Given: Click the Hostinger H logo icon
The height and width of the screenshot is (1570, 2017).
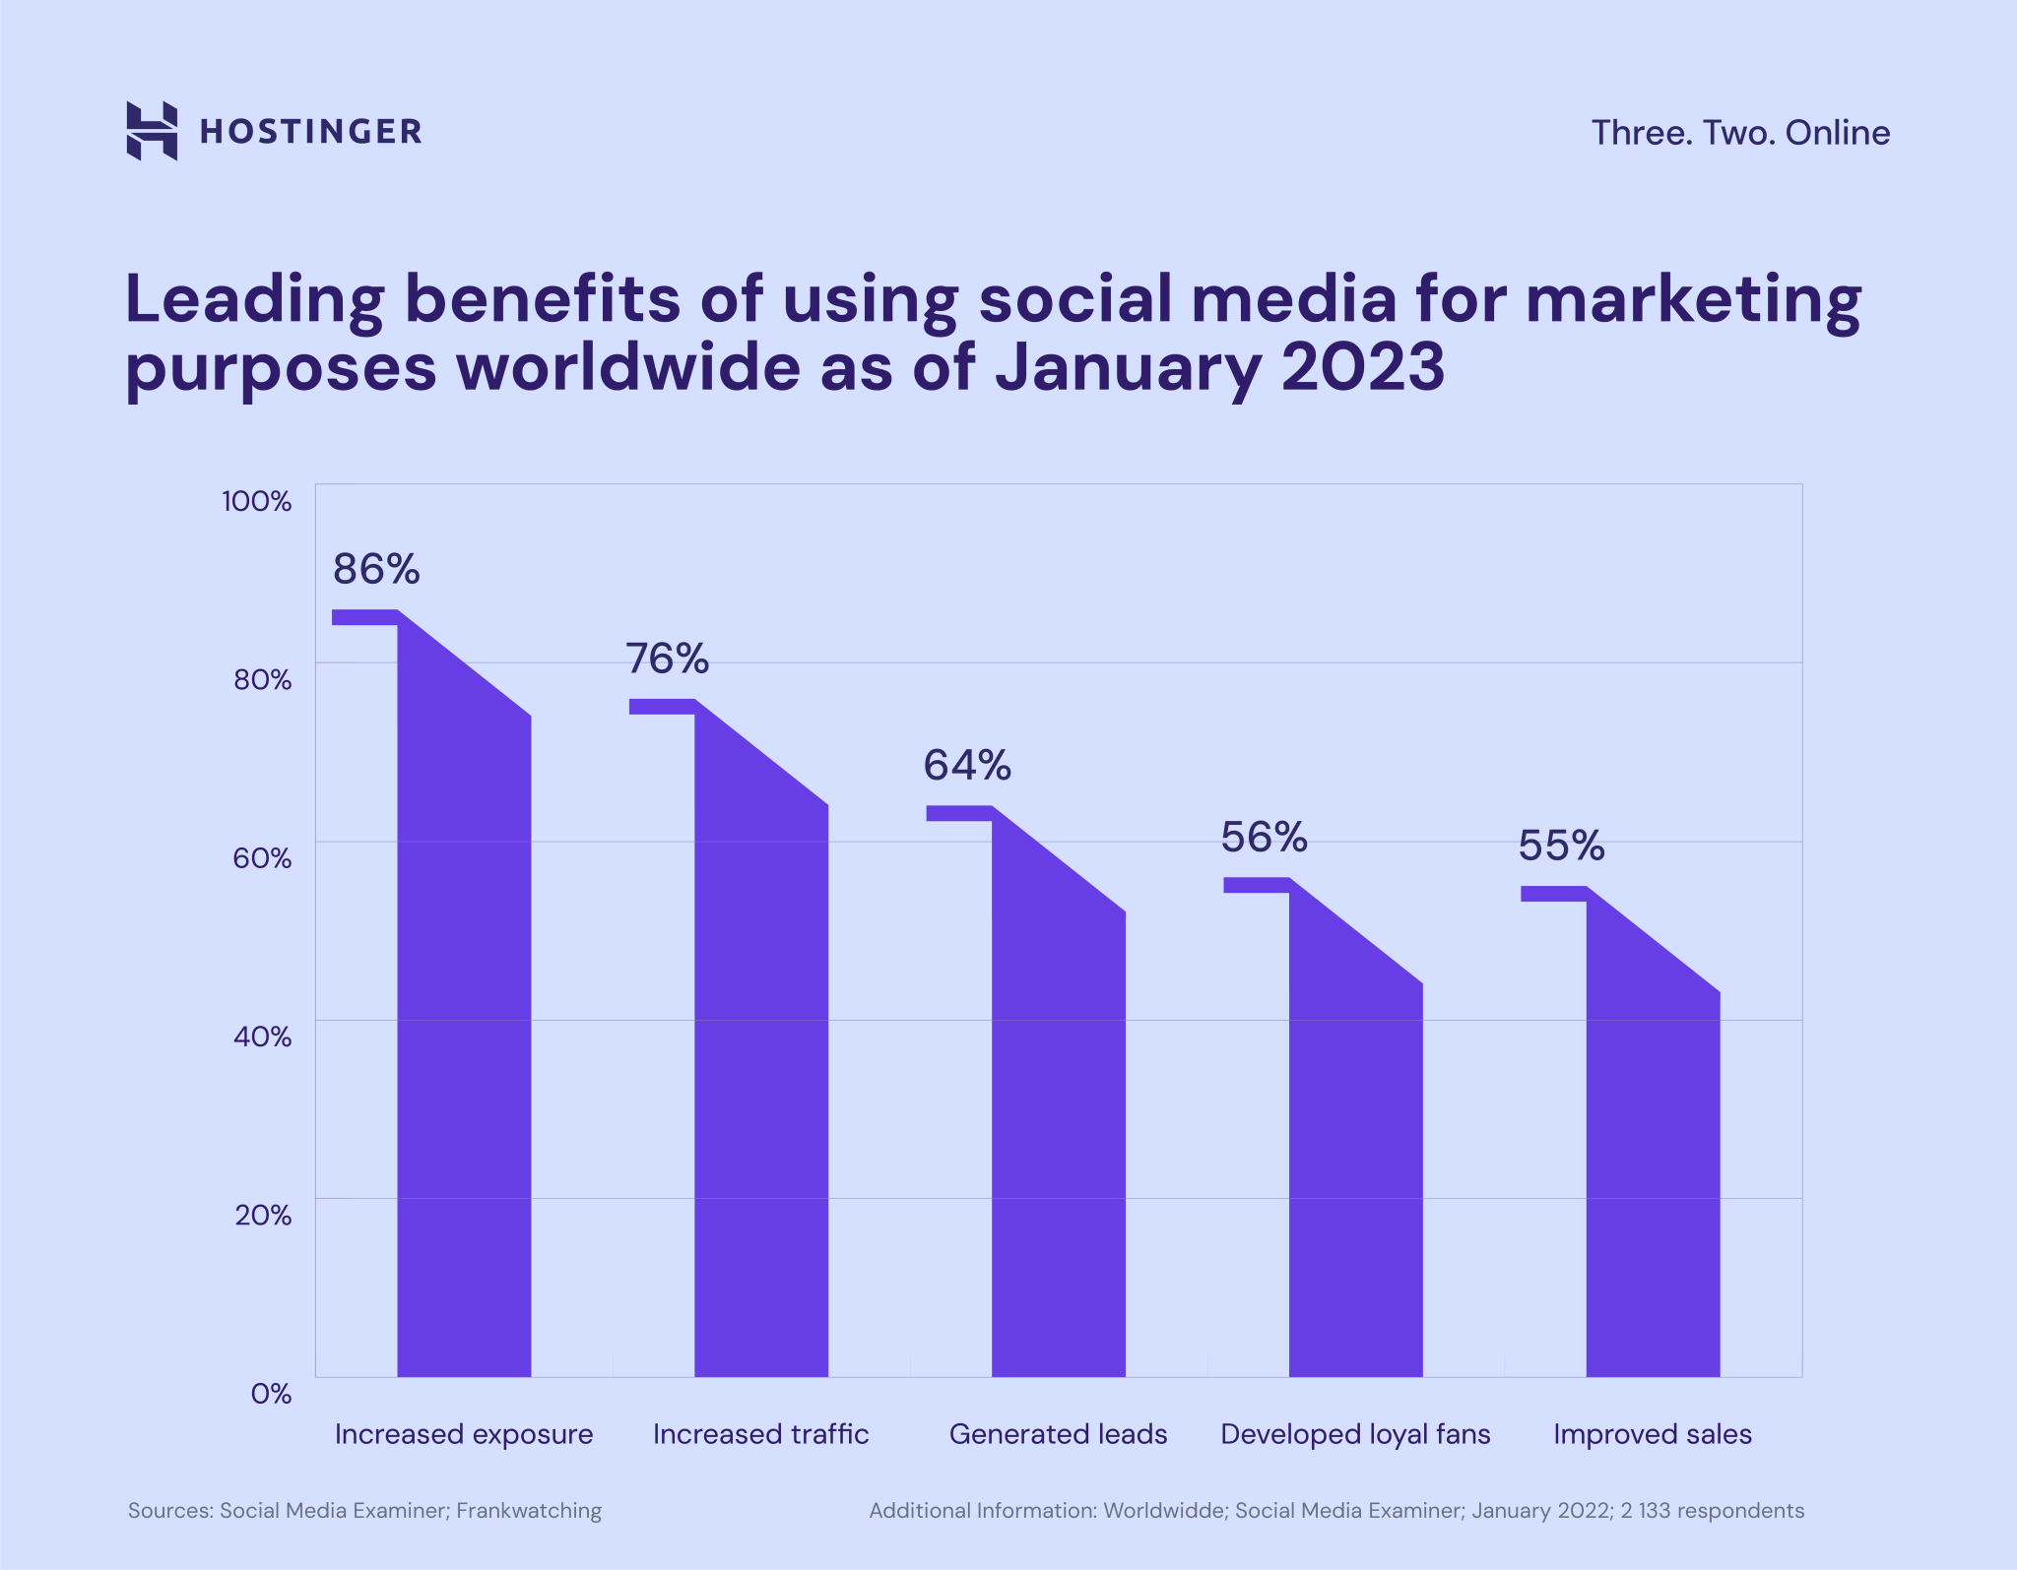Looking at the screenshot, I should [x=152, y=130].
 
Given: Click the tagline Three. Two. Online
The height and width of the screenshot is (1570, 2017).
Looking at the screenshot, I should [x=1740, y=133].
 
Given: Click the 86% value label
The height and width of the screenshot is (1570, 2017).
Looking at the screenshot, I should [x=376, y=569].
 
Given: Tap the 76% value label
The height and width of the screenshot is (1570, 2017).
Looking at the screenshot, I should [x=667, y=659].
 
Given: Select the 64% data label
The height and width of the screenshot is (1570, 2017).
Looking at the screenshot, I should [x=966, y=765].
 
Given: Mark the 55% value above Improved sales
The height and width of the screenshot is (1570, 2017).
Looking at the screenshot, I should [x=1561, y=846].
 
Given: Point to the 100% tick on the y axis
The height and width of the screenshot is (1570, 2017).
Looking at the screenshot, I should [x=256, y=501].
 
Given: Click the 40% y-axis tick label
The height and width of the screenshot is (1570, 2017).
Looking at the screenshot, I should [x=262, y=1036].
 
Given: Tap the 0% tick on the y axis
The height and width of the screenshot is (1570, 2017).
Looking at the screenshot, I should [x=271, y=1394].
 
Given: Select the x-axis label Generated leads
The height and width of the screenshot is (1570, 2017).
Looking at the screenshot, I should [x=1058, y=1434].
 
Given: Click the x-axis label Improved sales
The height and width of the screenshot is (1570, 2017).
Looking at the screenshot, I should [x=1652, y=1434].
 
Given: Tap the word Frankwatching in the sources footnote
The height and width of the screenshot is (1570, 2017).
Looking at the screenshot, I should [x=529, y=1511].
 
